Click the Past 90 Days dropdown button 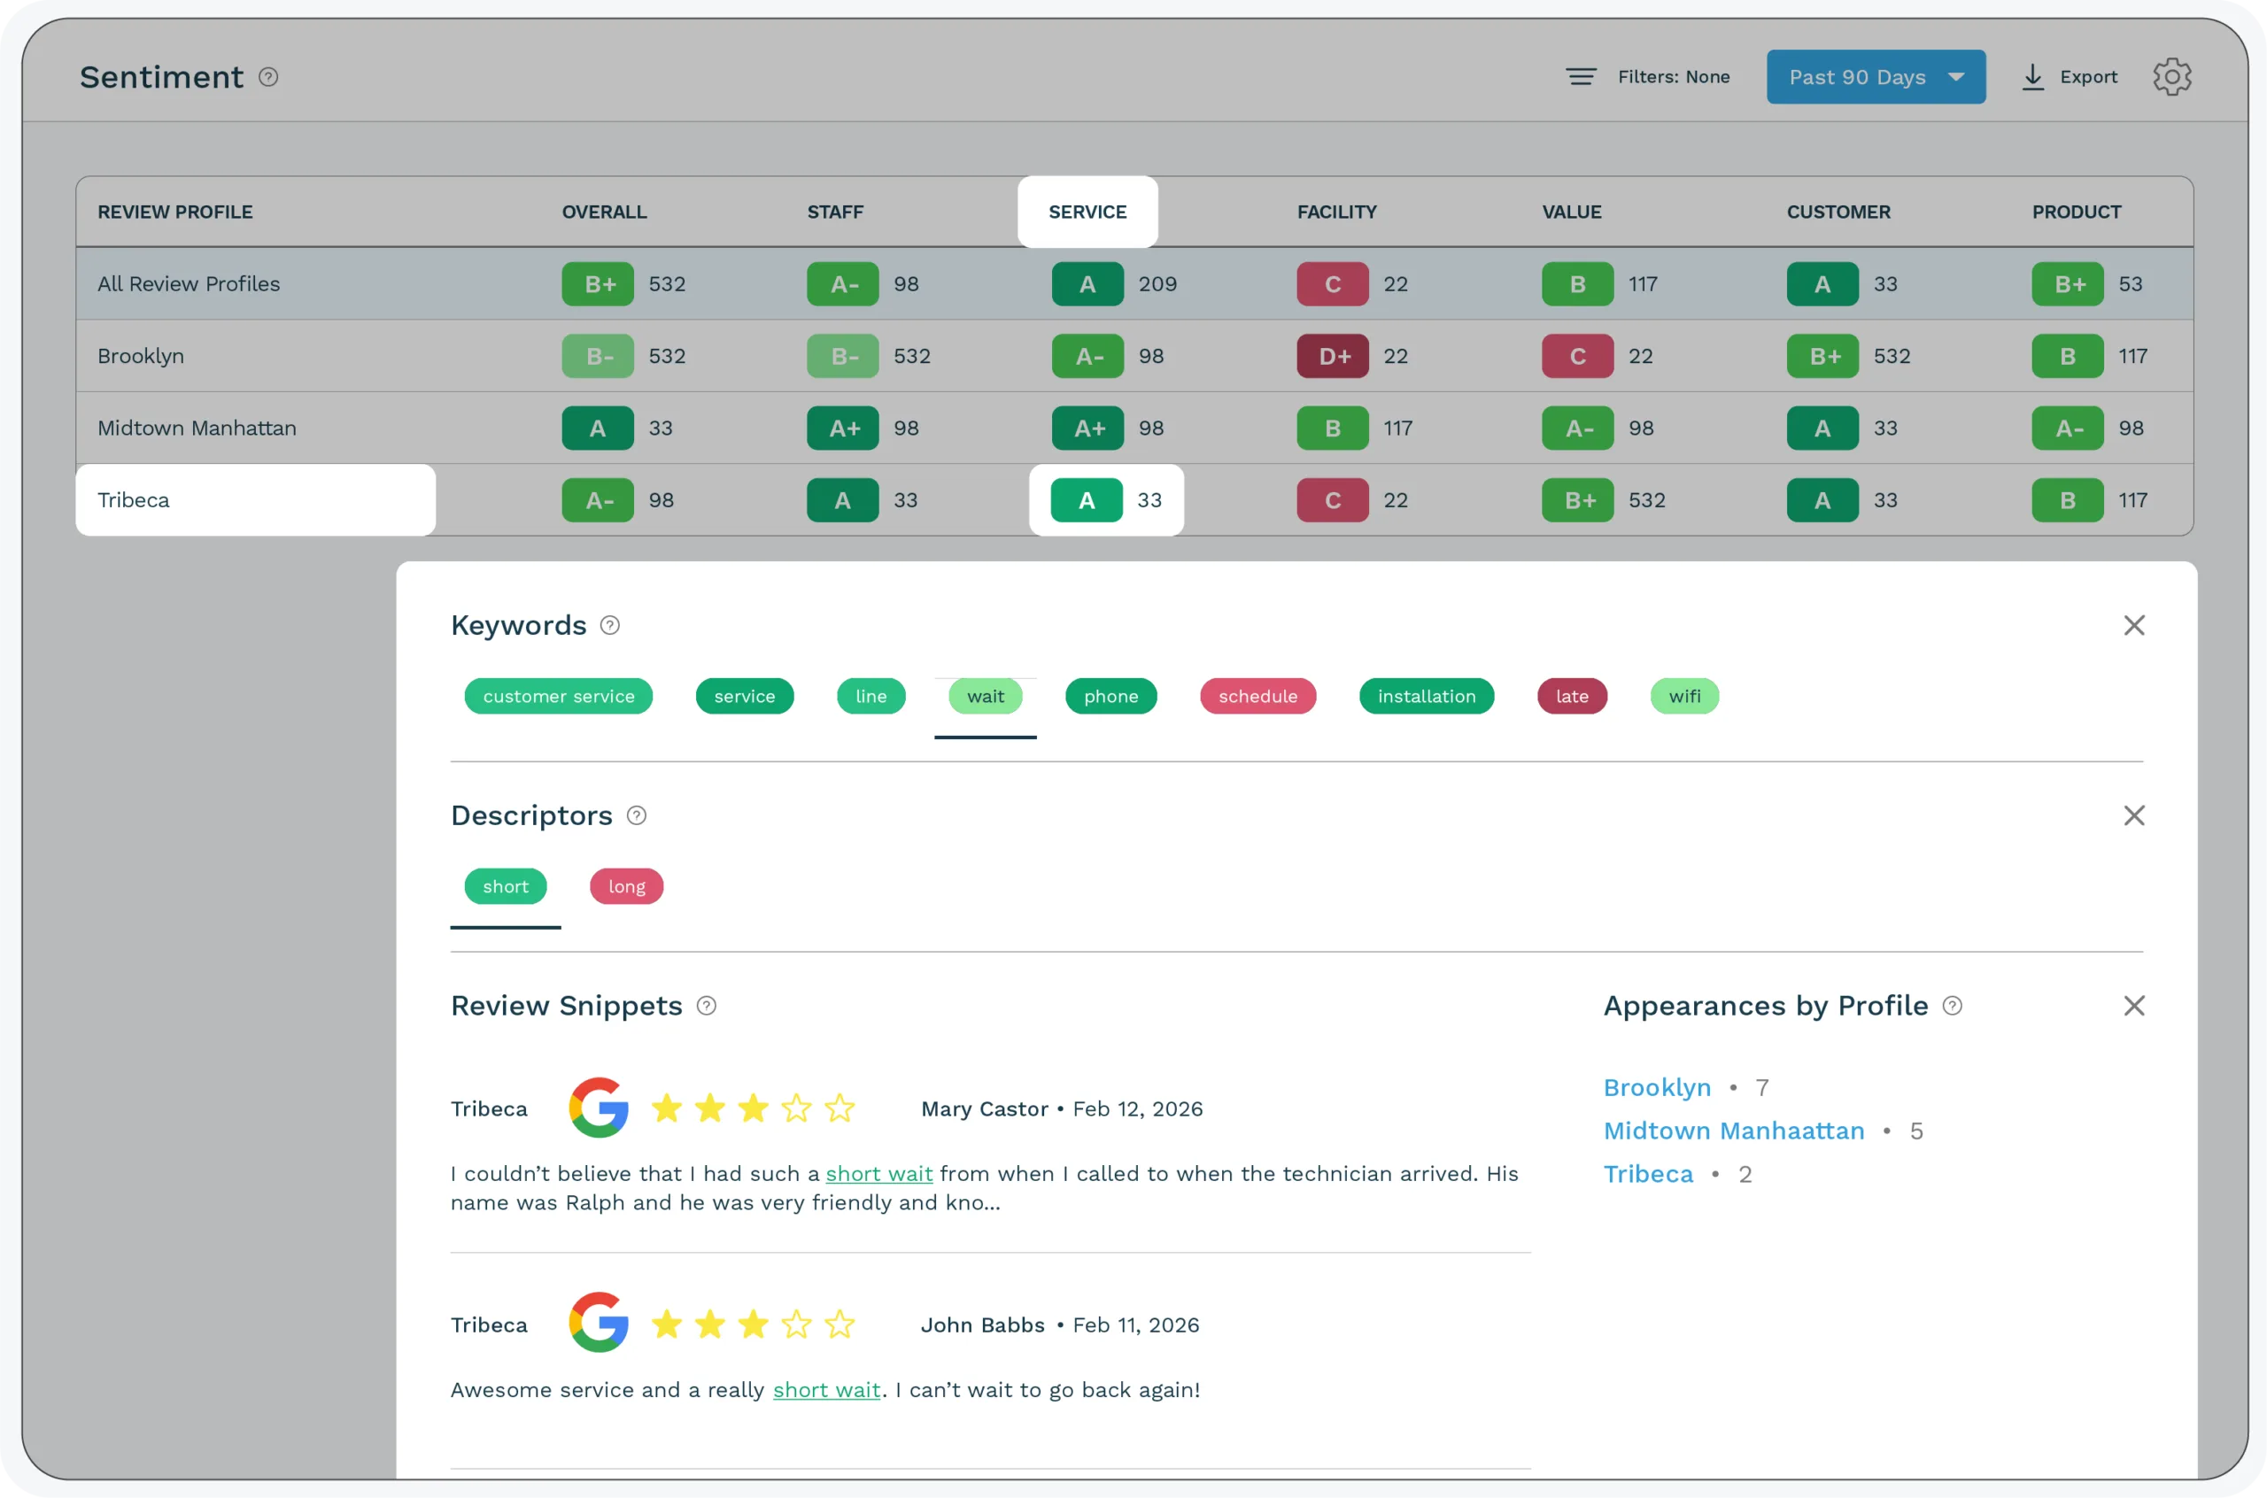[1875, 76]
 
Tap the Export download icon [2033, 77]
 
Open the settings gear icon [2171, 76]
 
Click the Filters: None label [1673, 76]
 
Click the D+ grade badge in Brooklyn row [1332, 356]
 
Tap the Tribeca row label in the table [134, 499]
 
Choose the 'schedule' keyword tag [1257, 697]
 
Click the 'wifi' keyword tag [1683, 697]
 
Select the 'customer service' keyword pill [558, 697]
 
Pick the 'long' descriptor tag [626, 886]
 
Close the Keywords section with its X [2133, 625]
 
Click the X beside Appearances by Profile [2133, 1005]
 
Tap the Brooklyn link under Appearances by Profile [1657, 1087]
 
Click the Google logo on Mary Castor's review [598, 1108]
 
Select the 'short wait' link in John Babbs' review [825, 1390]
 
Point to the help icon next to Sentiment [268, 76]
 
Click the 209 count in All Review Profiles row [1157, 283]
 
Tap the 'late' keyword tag [1572, 697]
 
